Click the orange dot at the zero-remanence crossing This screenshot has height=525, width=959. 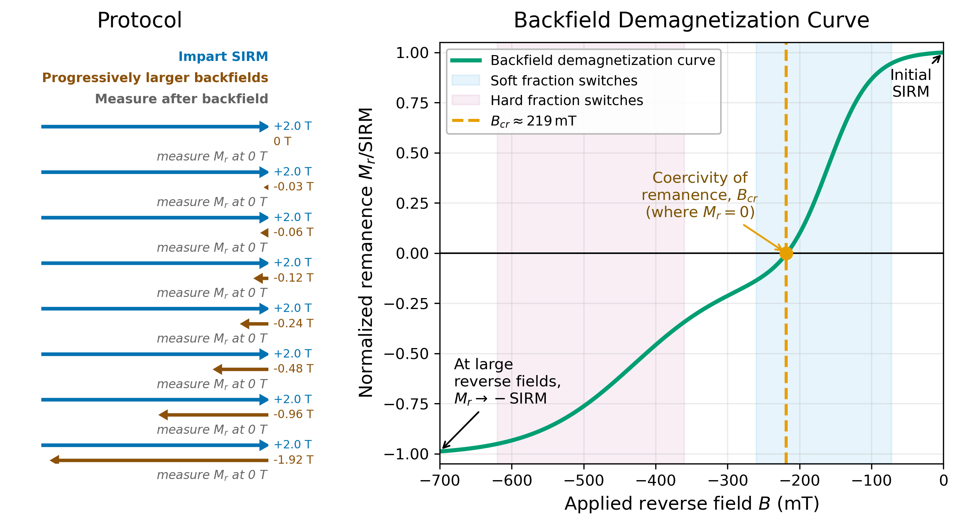[786, 253]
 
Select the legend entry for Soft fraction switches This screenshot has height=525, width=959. [564, 81]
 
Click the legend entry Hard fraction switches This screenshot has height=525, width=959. [566, 100]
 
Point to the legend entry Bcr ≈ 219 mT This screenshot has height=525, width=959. [533, 121]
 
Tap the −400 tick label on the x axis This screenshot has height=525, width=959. [655, 480]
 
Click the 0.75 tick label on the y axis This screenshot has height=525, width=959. [412, 103]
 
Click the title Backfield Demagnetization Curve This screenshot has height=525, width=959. [691, 20]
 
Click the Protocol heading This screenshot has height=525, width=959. [139, 20]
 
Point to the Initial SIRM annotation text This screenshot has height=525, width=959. [911, 84]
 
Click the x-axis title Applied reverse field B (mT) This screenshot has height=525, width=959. [692, 504]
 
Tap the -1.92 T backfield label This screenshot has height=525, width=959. [294, 460]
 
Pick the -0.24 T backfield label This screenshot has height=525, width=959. [294, 323]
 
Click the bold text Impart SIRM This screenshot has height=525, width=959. [223, 57]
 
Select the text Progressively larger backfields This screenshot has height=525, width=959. [155, 78]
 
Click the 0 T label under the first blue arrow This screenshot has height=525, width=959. [282, 142]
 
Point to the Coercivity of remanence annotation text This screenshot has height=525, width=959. [699, 195]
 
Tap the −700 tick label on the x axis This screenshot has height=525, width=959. [440, 480]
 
